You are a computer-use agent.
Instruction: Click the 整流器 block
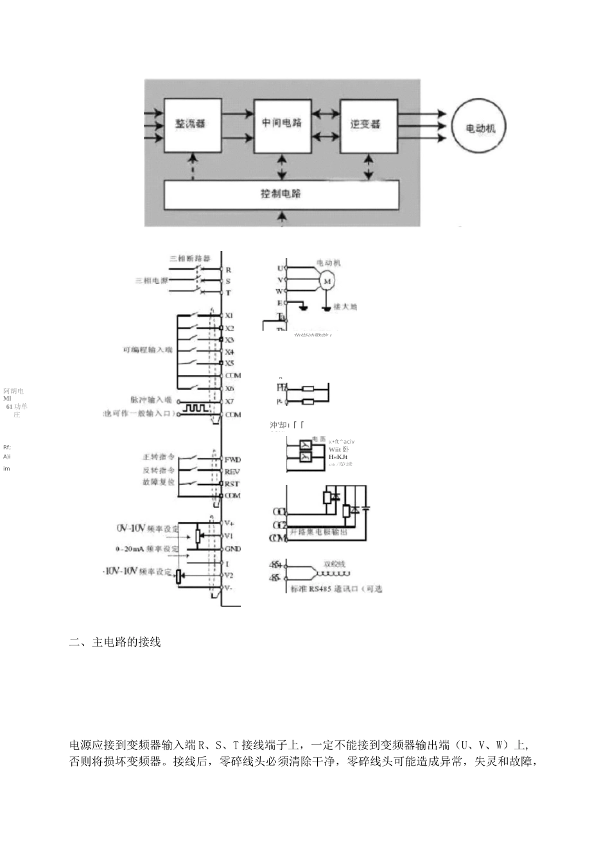[193, 125]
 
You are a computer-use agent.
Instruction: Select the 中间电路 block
[283, 125]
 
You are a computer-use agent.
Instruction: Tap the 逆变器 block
[368, 125]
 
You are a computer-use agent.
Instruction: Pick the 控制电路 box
[281, 194]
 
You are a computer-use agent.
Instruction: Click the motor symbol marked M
[326, 281]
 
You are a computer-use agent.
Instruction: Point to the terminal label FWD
[232, 460]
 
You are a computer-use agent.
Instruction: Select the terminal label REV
[232, 471]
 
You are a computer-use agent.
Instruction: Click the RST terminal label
[232, 484]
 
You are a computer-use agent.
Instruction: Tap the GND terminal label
[232, 549]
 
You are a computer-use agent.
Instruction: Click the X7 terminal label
[230, 401]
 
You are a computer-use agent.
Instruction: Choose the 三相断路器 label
[189, 258]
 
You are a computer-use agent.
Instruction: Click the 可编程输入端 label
[148, 350]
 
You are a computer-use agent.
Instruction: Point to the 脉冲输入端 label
[151, 400]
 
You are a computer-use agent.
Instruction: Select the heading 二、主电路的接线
[115, 642]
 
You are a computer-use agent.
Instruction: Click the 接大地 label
[345, 307]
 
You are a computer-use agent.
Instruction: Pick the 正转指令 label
[159, 457]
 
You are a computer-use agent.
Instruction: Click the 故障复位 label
[159, 482]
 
